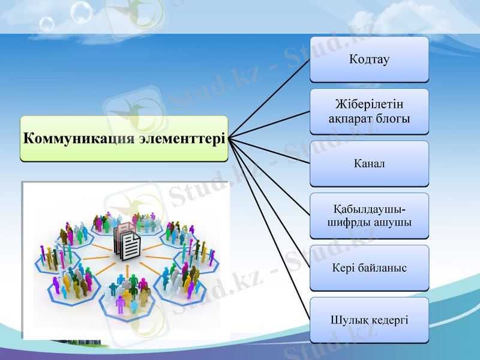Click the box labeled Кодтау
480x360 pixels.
tap(369, 59)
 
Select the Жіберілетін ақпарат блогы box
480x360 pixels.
tap(369, 112)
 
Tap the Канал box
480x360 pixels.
tap(369, 163)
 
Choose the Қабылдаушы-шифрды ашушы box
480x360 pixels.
tap(369, 215)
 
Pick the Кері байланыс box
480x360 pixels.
tap(369, 268)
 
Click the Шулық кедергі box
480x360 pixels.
tap(369, 320)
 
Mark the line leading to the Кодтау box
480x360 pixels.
tap(270, 98)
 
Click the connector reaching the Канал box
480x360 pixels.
tap(270, 151)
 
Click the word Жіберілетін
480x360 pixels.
tap(369, 104)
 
